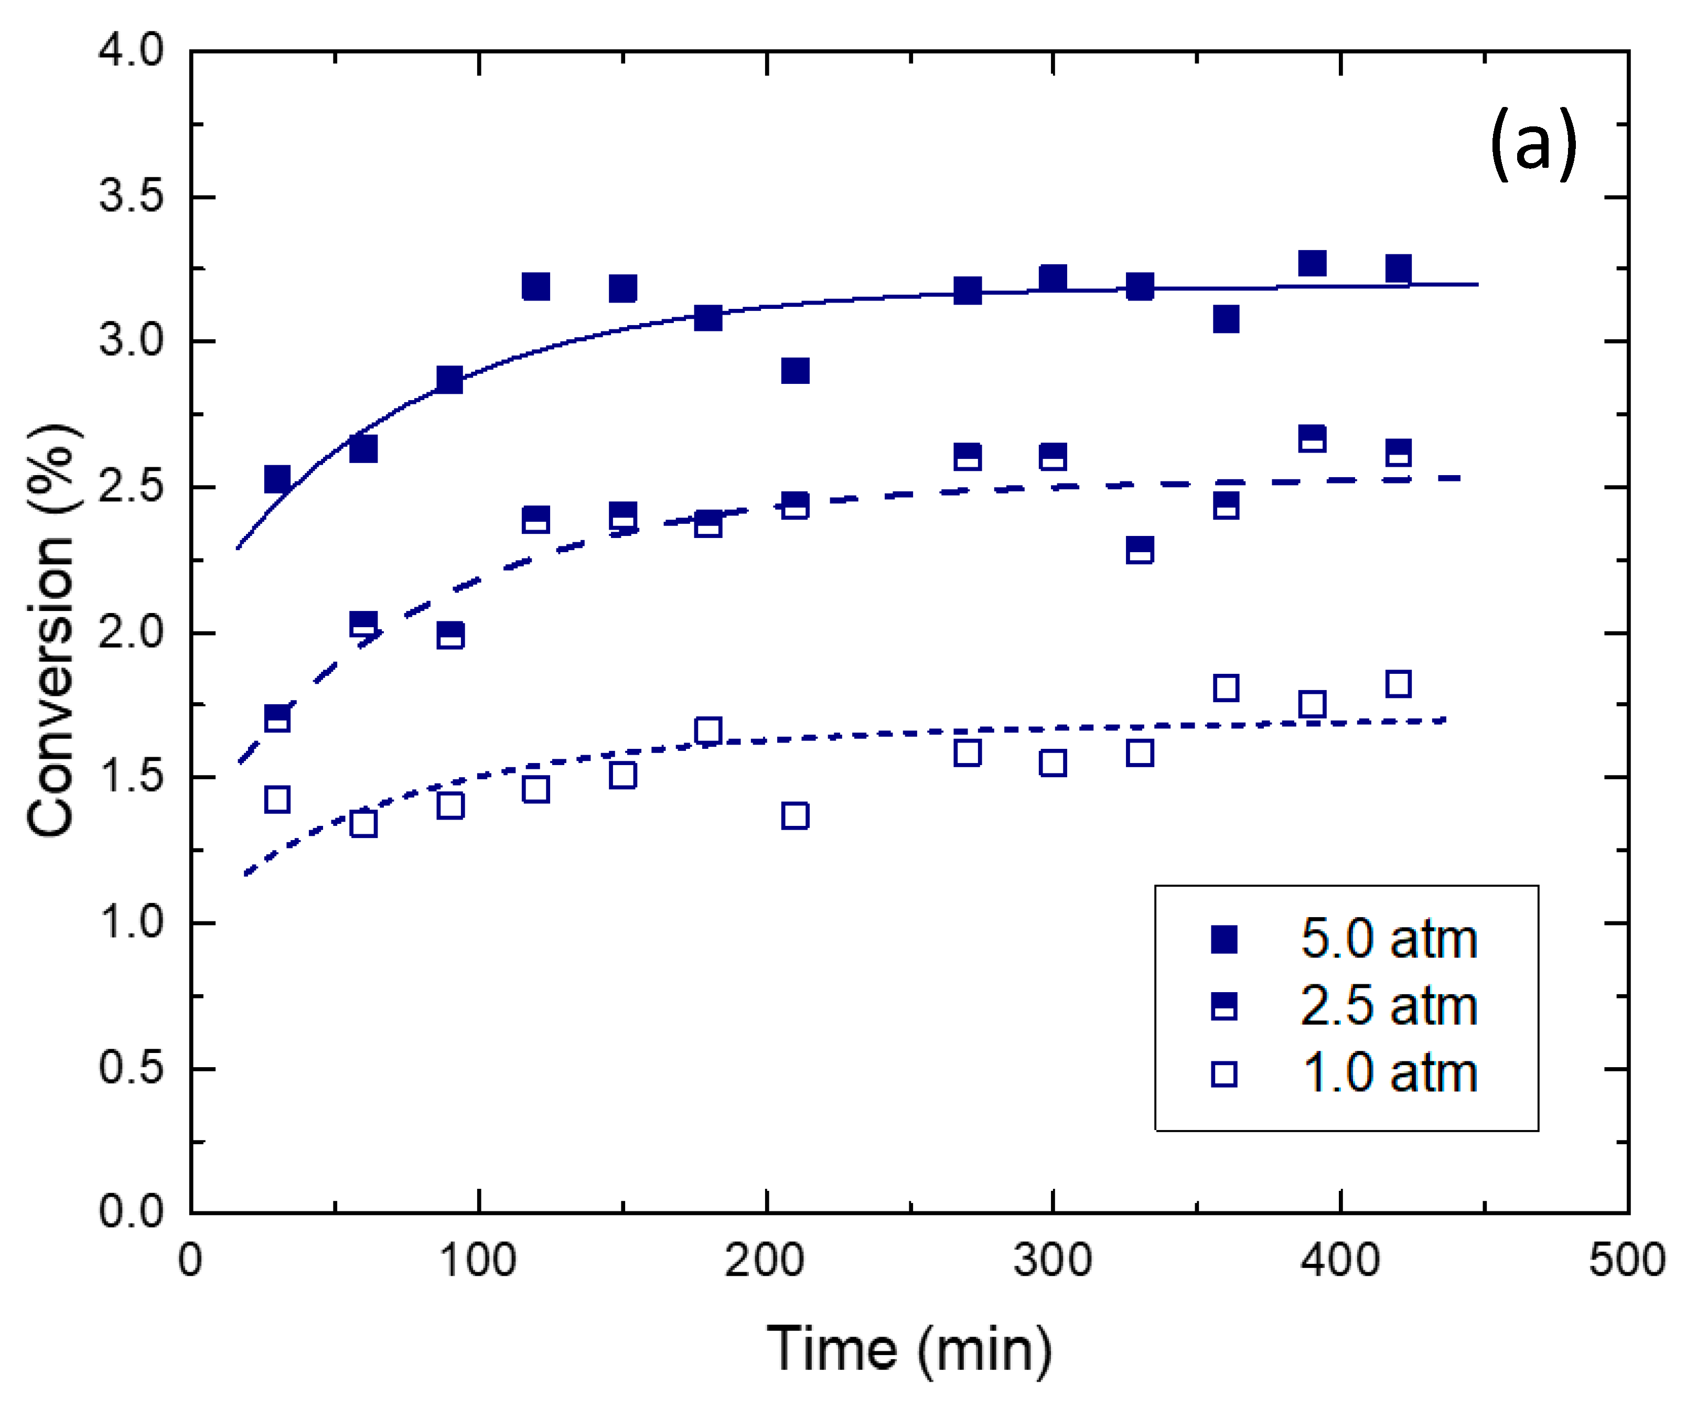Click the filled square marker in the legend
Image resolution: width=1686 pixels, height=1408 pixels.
1223,938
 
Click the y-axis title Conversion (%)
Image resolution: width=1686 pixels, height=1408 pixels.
53,630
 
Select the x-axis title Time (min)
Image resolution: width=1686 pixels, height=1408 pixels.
909,1349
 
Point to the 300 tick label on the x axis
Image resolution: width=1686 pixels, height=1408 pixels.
1052,1260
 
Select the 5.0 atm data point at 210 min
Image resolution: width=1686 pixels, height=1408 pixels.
795,371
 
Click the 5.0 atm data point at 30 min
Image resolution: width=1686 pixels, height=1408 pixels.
277,479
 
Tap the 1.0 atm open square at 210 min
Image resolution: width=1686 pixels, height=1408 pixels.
795,815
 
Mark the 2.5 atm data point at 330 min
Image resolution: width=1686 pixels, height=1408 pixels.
1139,551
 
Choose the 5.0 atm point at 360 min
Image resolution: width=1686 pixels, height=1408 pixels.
1225,319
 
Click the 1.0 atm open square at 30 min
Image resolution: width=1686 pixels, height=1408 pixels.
277,800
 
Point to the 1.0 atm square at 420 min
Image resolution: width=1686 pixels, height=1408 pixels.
1398,684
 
